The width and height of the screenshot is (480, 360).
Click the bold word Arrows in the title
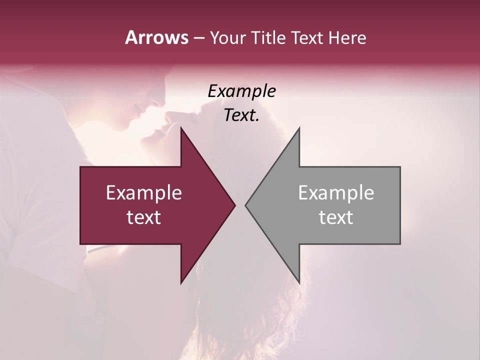click(156, 37)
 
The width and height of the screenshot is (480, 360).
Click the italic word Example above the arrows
click(242, 91)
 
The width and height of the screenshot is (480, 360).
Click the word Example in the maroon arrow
click(144, 193)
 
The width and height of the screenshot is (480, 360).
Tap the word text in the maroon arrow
click(144, 217)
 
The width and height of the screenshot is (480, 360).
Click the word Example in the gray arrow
click(336, 193)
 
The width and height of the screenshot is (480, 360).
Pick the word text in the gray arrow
click(336, 217)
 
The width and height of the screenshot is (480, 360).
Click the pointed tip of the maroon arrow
click(235, 205)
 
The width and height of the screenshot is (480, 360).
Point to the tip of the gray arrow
click(245, 205)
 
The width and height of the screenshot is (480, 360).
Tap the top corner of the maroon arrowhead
click(181, 128)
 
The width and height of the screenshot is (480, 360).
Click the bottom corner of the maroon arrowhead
click(181, 283)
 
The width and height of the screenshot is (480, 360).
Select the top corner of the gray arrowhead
click(299, 128)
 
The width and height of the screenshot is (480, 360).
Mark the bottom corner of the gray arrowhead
click(299, 283)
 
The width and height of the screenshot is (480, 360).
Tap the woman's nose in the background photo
click(168, 118)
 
